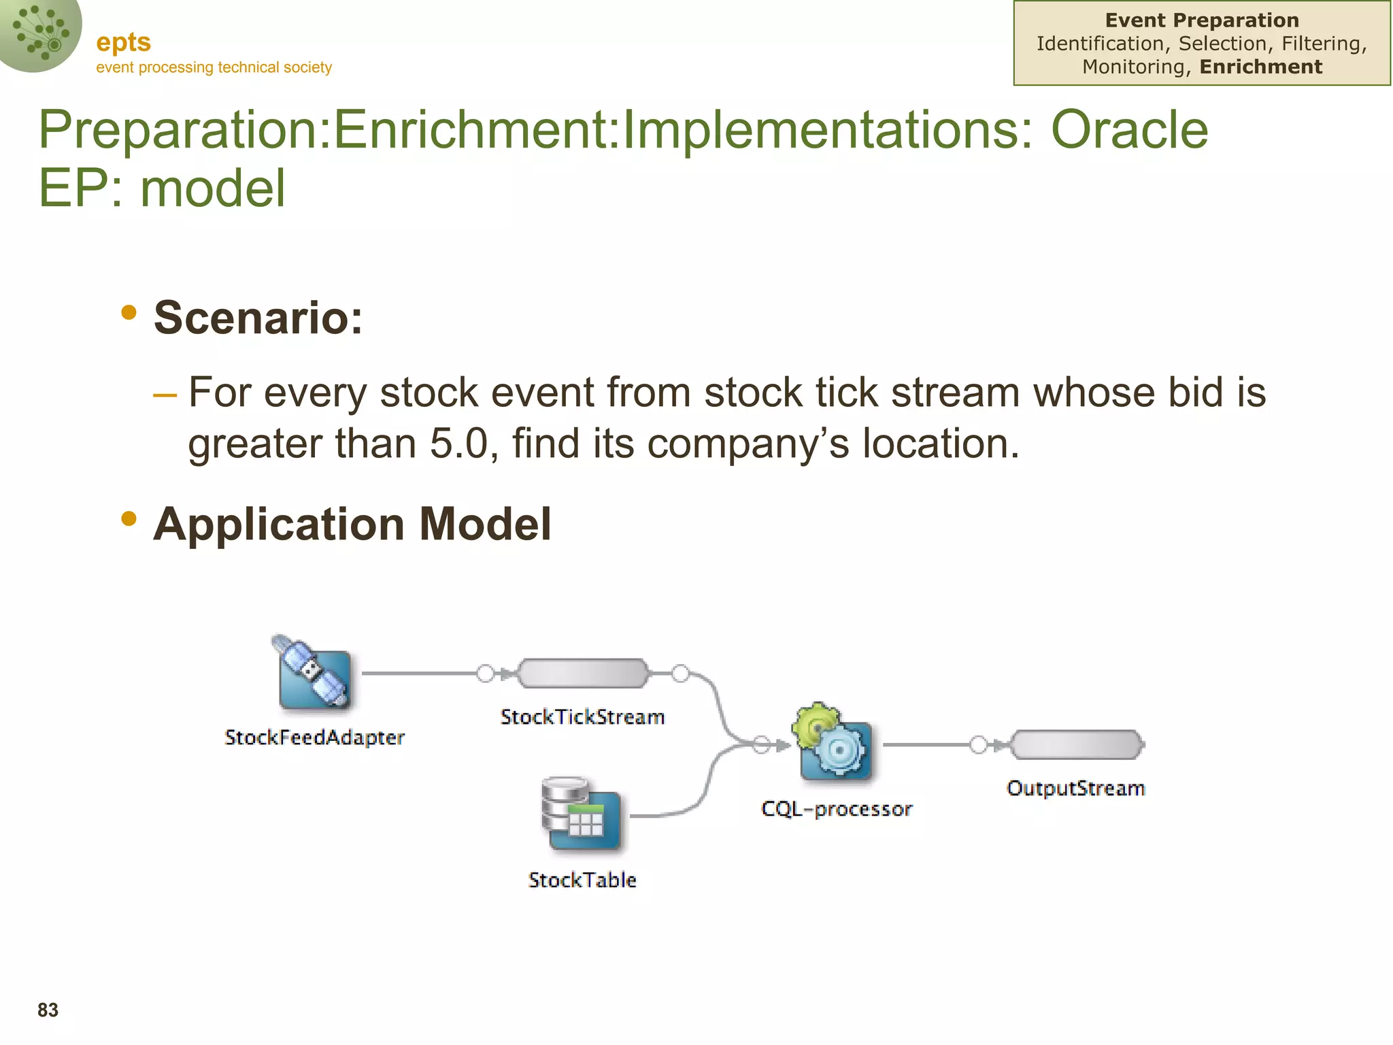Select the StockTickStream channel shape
[x=583, y=674]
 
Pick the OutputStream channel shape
[x=1077, y=745]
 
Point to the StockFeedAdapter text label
[x=314, y=737]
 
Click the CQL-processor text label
[x=837, y=809]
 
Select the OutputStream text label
[x=1076, y=789]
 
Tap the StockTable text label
[x=582, y=880]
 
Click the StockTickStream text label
[x=582, y=717]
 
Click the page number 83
[x=48, y=1010]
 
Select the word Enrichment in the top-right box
[x=1261, y=67]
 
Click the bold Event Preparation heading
[x=1202, y=20]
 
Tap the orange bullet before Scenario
[x=129, y=313]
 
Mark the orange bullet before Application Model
[x=129, y=519]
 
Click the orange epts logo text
[x=123, y=42]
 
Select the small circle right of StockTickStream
[x=680, y=674]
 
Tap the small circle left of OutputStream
[x=978, y=745]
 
